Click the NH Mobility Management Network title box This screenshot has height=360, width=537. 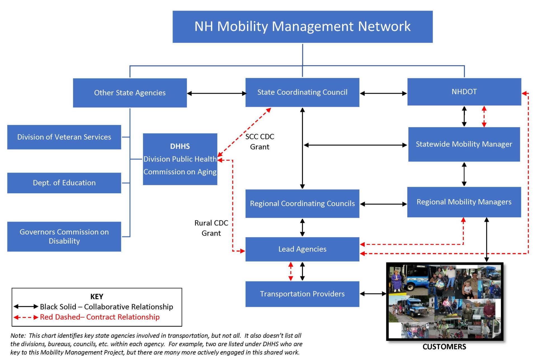point(302,27)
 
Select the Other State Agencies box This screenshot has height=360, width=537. point(130,93)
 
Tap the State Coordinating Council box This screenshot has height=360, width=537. point(302,92)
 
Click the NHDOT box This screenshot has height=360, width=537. point(464,92)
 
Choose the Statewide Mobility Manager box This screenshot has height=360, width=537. point(464,144)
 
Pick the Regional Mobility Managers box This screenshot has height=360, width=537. point(464,202)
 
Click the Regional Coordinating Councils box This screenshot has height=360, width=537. point(302,204)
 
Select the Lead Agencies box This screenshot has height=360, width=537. point(302,249)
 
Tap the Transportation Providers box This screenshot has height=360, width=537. point(302,294)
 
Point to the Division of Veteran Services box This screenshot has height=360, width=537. point(64,137)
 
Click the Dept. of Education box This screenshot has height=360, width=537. point(64,183)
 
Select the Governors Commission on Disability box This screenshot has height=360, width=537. point(64,237)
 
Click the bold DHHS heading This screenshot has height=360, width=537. point(180,146)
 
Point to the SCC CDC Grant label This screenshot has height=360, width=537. point(260,142)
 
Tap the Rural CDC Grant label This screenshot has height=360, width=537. point(211,228)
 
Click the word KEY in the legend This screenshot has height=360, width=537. point(97,297)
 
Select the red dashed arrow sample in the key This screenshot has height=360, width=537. point(26,317)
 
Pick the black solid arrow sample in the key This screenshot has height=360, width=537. point(26,307)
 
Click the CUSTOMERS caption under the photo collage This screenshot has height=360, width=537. point(444,347)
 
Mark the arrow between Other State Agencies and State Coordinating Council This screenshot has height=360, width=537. point(216,93)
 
